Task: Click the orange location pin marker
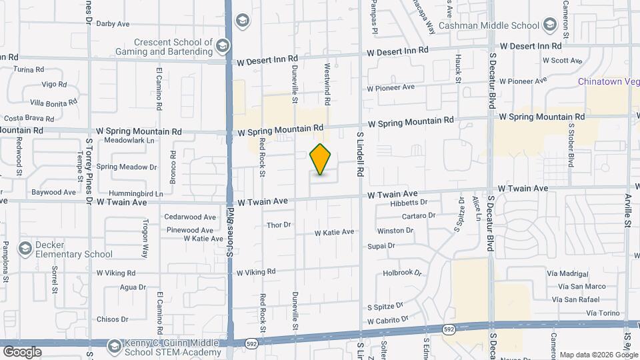(x=321, y=159)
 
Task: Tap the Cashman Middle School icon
(x=550, y=25)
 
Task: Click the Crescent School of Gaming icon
(x=222, y=45)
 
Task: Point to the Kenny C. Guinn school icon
(x=114, y=345)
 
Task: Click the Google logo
(x=22, y=351)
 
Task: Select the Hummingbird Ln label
(x=132, y=193)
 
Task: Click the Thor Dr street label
(x=279, y=225)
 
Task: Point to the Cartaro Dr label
(x=418, y=215)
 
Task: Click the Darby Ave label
(x=113, y=23)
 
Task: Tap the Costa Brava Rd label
(x=24, y=117)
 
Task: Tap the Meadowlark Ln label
(x=129, y=141)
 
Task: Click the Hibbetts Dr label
(x=408, y=202)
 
